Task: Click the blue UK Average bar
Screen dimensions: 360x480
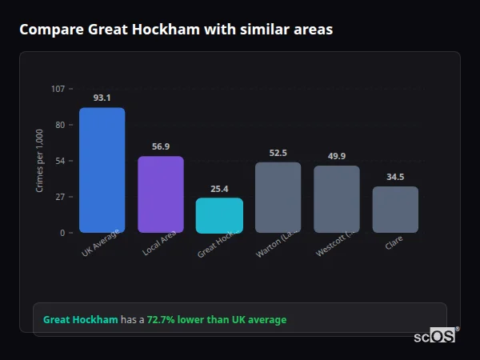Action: (102, 170)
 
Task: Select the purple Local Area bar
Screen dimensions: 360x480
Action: (160, 194)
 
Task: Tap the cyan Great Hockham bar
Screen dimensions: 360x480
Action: (219, 215)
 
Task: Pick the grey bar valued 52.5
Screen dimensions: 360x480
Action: (278, 198)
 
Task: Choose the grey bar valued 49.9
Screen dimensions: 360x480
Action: (336, 199)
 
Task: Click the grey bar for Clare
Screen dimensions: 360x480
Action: (395, 210)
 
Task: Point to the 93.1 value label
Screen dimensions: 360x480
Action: (102, 98)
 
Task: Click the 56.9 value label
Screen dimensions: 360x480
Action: (160, 147)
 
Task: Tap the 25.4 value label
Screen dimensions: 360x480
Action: (219, 189)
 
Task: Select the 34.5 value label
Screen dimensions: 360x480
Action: (395, 177)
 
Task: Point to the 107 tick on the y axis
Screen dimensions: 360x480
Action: (58, 89)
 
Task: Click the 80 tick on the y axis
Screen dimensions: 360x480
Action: (60, 125)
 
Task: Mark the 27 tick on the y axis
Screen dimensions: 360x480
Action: (60, 197)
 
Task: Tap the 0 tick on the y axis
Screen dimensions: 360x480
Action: (62, 233)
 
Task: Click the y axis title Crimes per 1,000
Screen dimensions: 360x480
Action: (40, 161)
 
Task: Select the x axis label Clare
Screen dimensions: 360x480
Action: (394, 242)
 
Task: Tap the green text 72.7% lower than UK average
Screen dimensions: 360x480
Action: (216, 320)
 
